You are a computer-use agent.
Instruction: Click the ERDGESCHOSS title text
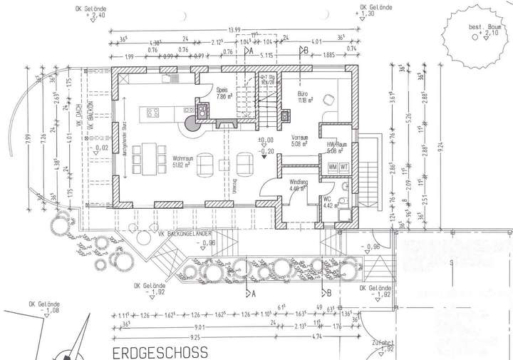[159, 352]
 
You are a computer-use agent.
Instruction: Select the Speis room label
[222, 91]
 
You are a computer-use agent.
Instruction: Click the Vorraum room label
[300, 138]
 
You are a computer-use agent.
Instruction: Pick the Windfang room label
[299, 182]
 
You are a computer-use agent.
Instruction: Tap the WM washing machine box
[333, 167]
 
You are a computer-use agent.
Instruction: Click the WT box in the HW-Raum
[343, 167]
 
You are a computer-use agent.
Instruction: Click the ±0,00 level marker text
[266, 140]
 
